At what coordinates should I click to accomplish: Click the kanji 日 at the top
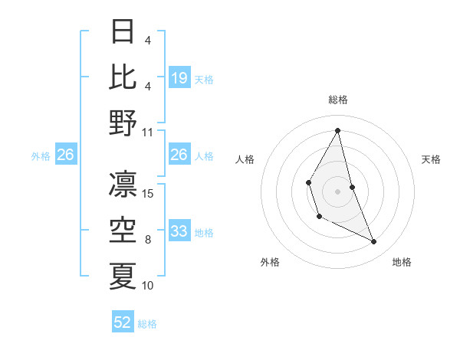[x=123, y=31]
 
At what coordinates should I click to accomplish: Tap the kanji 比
[x=123, y=76]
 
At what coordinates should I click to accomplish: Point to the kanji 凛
[x=123, y=184]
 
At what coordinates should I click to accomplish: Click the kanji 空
[x=123, y=231]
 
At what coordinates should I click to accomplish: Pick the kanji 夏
[x=123, y=276]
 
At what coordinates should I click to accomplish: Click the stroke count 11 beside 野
[x=148, y=132]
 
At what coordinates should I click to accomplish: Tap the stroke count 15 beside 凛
[x=148, y=193]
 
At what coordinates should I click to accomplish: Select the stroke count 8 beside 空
[x=148, y=240]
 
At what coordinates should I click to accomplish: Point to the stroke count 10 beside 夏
[x=148, y=286]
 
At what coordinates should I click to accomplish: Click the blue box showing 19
[x=179, y=77]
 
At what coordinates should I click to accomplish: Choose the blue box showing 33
[x=179, y=231]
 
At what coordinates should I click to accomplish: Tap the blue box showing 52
[x=123, y=322]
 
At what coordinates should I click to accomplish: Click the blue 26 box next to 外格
[x=65, y=155]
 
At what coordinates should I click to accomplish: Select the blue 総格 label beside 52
[x=147, y=323]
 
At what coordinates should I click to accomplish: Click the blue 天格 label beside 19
[x=204, y=78]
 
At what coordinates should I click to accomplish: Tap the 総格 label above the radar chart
[x=338, y=100]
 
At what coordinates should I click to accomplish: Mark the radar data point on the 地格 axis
[x=374, y=242]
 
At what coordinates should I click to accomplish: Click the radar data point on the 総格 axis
[x=337, y=129]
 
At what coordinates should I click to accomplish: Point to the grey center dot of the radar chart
[x=337, y=191]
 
